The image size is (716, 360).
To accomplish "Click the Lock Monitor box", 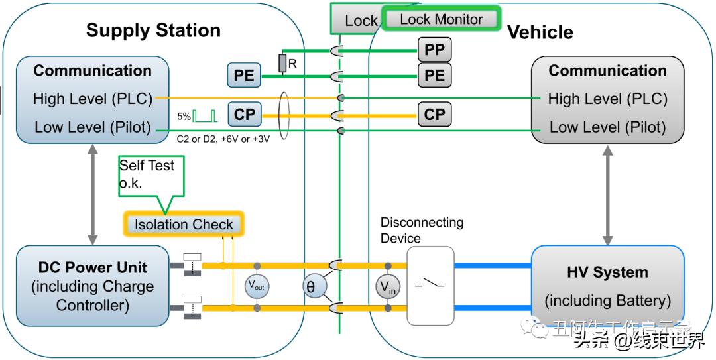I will (441, 19).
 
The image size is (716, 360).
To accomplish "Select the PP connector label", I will (434, 49).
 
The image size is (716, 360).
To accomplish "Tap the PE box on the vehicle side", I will (434, 75).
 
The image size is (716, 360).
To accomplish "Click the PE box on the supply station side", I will (244, 75).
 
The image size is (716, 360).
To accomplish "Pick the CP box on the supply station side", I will (244, 114).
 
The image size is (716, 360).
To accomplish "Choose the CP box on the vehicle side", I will (434, 114).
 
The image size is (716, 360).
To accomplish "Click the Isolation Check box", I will (184, 224).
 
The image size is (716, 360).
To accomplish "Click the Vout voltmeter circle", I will (256, 286).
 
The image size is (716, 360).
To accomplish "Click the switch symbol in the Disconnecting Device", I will (430, 286).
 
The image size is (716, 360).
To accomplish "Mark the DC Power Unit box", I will (92, 286).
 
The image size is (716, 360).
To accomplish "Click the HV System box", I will (607, 286).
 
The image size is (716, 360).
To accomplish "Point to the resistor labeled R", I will (282, 63).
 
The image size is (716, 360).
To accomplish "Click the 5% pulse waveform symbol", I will (206, 116).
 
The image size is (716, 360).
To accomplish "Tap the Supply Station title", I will (153, 30).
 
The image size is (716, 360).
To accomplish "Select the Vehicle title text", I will (540, 32).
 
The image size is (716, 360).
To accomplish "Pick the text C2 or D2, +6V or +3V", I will (222, 139).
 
